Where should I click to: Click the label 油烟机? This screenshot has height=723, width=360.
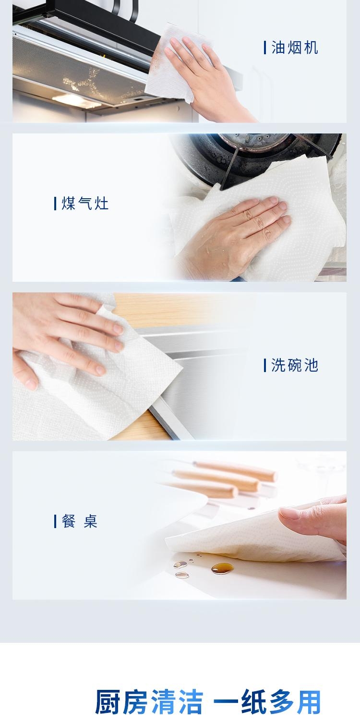pyautogui.click(x=295, y=48)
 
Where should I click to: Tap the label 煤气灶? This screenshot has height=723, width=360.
pyautogui.click(x=85, y=204)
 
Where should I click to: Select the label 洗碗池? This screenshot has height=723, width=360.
pyautogui.click(x=295, y=365)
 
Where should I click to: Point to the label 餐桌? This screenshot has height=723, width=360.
pyautogui.click(x=79, y=521)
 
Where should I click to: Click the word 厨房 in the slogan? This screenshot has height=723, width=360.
pyautogui.click(x=121, y=701)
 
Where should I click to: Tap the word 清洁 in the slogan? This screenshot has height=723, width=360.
pyautogui.click(x=178, y=701)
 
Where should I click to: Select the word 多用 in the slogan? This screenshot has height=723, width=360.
pyautogui.click(x=295, y=701)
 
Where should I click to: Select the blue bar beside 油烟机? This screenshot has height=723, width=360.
pyautogui.click(x=265, y=48)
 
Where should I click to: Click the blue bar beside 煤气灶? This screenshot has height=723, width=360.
pyautogui.click(x=55, y=204)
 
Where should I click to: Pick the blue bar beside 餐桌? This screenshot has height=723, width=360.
pyautogui.click(x=55, y=521)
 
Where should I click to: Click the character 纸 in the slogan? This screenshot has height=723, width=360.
pyautogui.click(x=254, y=701)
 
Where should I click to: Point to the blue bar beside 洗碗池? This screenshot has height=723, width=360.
pyautogui.click(x=265, y=365)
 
